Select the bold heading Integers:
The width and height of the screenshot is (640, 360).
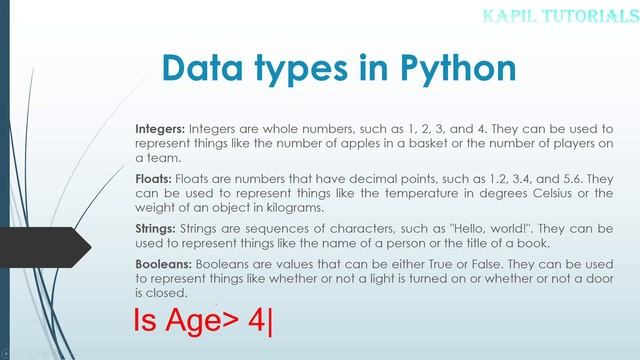160,131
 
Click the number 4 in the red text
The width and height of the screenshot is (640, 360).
257,325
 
